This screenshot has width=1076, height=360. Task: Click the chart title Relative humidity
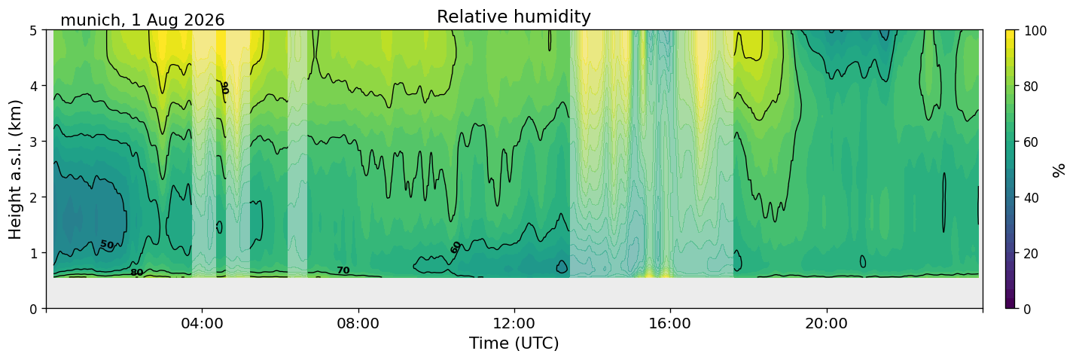click(x=514, y=17)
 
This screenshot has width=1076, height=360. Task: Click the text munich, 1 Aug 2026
click(x=142, y=20)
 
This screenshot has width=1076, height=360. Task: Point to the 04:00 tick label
click(x=203, y=323)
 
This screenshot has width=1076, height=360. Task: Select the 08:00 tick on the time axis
click(x=358, y=323)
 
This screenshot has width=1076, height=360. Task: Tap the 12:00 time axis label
click(x=514, y=323)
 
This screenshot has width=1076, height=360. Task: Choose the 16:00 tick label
click(x=670, y=323)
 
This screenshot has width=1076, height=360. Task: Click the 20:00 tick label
click(x=826, y=323)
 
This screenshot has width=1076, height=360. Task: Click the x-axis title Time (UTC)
click(x=514, y=343)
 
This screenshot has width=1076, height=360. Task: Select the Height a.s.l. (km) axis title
click(x=15, y=169)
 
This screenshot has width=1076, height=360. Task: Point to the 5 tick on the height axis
click(x=33, y=31)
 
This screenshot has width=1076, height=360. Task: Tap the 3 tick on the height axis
click(x=33, y=142)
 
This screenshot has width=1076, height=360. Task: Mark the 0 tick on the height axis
click(x=33, y=309)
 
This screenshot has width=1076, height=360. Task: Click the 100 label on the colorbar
click(x=1035, y=31)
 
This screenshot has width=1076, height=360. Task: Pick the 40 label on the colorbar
click(x=1031, y=197)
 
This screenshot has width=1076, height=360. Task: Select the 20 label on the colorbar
click(x=1031, y=253)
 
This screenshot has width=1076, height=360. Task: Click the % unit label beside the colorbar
click(x=1058, y=170)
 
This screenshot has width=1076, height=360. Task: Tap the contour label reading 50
click(x=107, y=245)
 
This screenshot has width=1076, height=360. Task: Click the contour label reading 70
click(x=343, y=270)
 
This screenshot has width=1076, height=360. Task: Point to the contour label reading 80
click(x=137, y=273)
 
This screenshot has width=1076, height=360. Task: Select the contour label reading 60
click(x=456, y=248)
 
